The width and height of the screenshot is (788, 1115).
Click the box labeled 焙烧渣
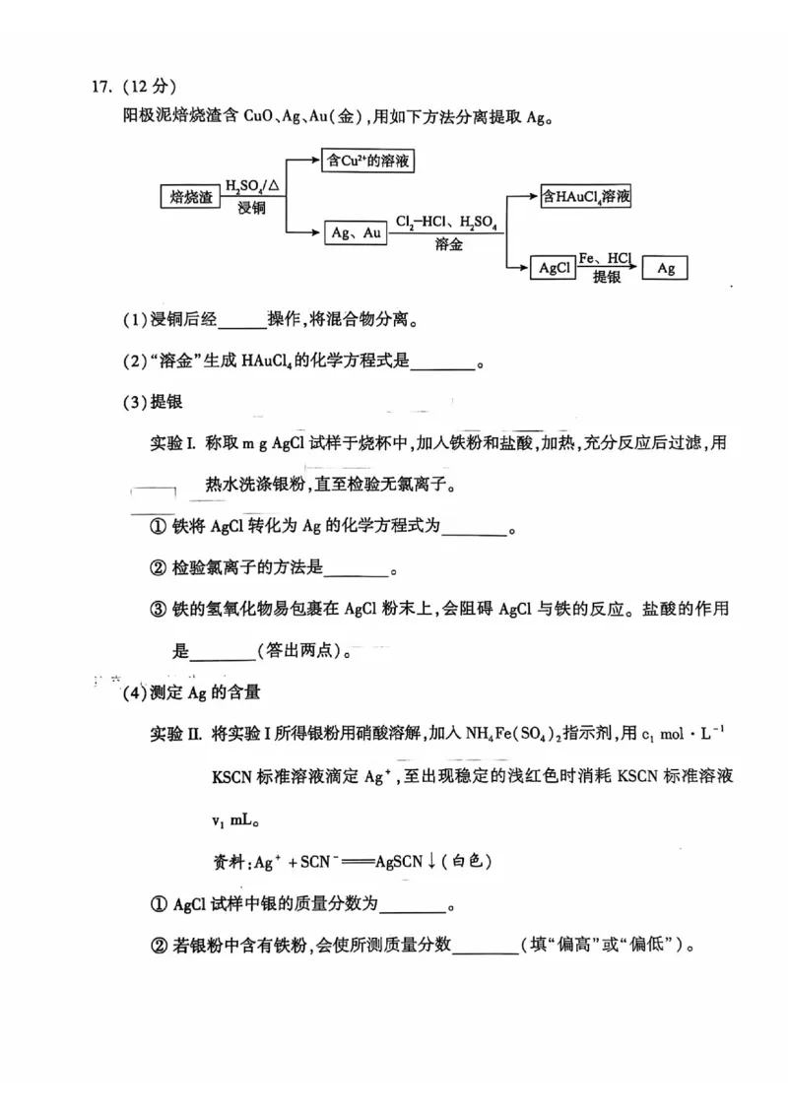pyautogui.click(x=191, y=197)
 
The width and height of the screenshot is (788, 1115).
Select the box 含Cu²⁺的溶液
pyautogui.click(x=367, y=161)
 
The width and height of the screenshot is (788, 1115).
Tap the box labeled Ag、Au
pyautogui.click(x=356, y=232)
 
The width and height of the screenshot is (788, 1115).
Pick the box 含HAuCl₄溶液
pyautogui.click(x=586, y=197)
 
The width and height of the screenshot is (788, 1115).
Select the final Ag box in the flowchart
pyautogui.click(x=665, y=267)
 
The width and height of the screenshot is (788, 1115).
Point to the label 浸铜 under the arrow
pyautogui.click(x=251, y=209)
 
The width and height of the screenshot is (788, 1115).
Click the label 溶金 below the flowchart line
pyautogui.click(x=448, y=245)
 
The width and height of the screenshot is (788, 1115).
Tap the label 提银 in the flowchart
pyautogui.click(x=606, y=279)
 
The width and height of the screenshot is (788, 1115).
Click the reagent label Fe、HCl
pyautogui.click(x=605, y=258)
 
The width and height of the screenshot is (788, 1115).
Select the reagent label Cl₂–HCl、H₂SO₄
pyautogui.click(x=446, y=223)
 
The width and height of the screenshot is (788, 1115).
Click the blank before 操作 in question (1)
pyautogui.click(x=242, y=321)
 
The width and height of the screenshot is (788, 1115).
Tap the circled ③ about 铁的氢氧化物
pyautogui.click(x=158, y=610)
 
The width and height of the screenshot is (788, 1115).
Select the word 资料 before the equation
pyautogui.click(x=230, y=862)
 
